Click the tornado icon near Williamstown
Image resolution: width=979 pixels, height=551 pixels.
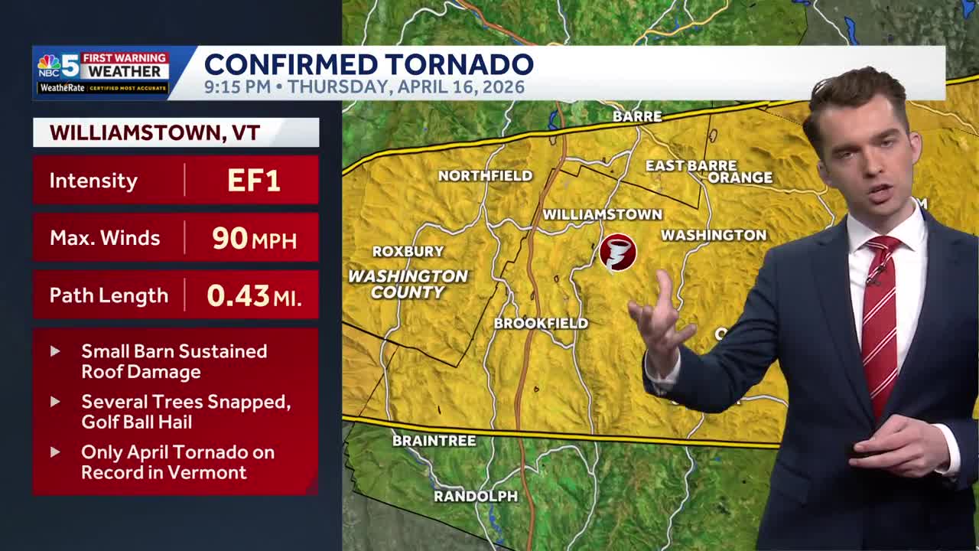[x=617, y=253]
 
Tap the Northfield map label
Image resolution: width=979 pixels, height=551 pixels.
[x=485, y=176]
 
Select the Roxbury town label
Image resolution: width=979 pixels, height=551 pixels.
[x=408, y=251]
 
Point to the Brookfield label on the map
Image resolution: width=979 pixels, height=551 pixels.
[x=541, y=324]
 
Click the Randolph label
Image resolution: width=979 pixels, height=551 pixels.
[x=475, y=497]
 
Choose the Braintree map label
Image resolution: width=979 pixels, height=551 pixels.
[x=434, y=441]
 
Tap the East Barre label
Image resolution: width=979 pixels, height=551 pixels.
[x=691, y=165]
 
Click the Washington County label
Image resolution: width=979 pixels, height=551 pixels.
[x=408, y=284]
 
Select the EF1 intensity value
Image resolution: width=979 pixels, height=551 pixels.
[x=253, y=181]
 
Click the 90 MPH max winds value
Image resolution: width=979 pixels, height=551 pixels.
[x=253, y=238]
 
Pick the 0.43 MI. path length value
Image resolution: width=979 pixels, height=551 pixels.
[x=253, y=295]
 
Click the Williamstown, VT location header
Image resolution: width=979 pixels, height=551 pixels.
[x=155, y=132]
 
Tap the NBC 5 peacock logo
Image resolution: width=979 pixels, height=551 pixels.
[x=50, y=66]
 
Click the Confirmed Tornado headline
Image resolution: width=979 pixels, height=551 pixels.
[x=369, y=64]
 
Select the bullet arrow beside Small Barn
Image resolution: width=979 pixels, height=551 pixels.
[x=55, y=351]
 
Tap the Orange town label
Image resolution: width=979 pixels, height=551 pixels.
[x=740, y=178]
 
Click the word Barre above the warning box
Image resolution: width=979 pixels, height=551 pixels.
[x=637, y=116]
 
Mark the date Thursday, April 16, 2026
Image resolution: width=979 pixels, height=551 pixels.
[x=405, y=87]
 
